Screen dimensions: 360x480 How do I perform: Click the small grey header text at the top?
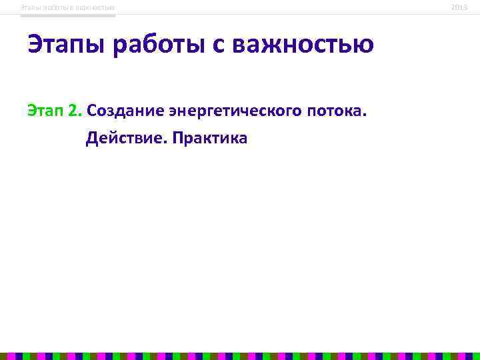coord(67,7)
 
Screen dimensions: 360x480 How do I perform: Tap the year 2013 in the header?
coord(459,7)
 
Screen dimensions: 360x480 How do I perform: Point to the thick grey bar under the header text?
coord(67,15)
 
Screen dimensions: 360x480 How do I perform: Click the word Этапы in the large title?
coord(67,45)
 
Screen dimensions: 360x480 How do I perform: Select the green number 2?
coord(74,110)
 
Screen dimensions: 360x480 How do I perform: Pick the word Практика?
coord(210,139)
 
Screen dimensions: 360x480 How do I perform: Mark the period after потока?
coord(365,114)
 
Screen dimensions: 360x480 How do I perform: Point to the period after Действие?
coord(167,143)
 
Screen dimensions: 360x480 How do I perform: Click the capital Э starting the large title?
coord(36,45)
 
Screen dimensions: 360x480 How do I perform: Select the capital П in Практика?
coord(178,139)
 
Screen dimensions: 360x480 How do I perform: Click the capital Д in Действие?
coord(92,139)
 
